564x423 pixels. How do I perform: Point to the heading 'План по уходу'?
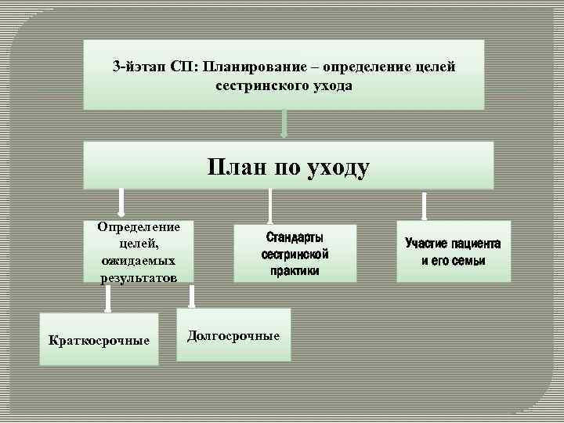coord(288,166)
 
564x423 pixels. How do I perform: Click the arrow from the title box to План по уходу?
coord(284,124)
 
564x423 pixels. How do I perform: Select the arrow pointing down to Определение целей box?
coord(121,201)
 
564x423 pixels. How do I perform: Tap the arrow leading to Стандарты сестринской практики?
coord(269,206)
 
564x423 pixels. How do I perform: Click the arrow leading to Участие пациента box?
coord(424,206)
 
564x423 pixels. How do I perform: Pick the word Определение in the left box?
coord(138,227)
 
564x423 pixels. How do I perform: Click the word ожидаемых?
coord(138,262)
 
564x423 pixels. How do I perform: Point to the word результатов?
coord(138,277)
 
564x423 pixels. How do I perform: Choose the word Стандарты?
coord(295,237)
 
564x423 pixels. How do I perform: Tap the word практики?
coord(295,271)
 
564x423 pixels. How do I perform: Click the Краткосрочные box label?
coord(99,341)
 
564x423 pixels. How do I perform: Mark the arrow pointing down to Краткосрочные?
coord(108,298)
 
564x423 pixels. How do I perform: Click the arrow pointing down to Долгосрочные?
coord(192,295)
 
